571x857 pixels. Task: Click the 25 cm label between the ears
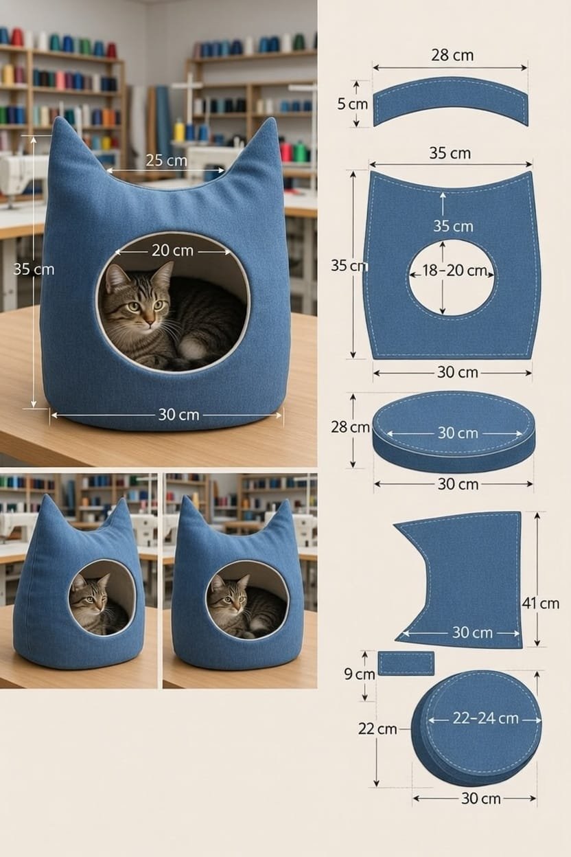(166, 161)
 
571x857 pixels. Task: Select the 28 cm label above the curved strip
(452, 55)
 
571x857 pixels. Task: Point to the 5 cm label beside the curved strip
(352, 104)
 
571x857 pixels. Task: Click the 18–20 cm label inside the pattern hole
(454, 271)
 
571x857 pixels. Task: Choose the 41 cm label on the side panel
(540, 604)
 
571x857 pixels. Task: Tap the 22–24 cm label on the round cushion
(486, 718)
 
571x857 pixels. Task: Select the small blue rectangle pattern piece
(406, 664)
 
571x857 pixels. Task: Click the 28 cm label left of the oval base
(350, 427)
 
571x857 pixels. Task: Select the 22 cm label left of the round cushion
(377, 729)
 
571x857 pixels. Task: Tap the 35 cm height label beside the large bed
(34, 269)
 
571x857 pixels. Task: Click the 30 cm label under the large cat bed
(178, 415)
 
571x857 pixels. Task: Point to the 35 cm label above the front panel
(450, 153)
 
